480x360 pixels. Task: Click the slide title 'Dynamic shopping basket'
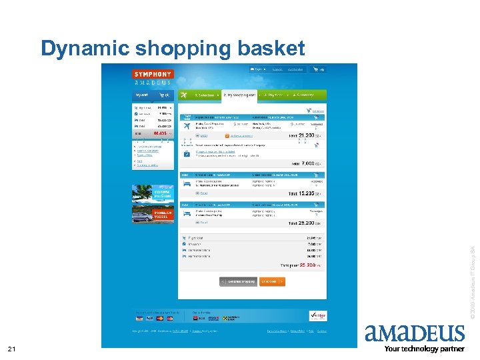173,48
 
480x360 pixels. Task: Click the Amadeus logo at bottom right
414,333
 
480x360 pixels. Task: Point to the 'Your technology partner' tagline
424,349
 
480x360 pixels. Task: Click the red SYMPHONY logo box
153,74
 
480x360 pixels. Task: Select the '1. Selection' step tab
204,95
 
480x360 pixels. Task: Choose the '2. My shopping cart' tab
239,95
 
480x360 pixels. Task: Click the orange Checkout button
272,281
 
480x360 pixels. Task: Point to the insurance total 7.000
306,163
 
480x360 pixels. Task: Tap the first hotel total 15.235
305,193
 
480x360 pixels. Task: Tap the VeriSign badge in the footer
318,315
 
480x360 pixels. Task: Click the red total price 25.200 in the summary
307,265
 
